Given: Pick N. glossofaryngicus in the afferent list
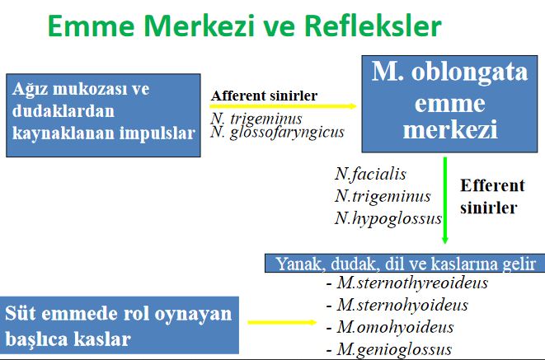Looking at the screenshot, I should click(x=277, y=133).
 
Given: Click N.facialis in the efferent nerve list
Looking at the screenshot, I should click(x=370, y=175).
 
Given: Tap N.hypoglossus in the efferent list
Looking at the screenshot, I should click(x=388, y=218).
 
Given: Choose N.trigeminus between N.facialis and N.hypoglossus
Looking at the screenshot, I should click(x=382, y=196).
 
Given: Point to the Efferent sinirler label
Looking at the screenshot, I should click(x=488, y=196).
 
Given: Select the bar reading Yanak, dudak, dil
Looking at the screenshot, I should click(x=404, y=264).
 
